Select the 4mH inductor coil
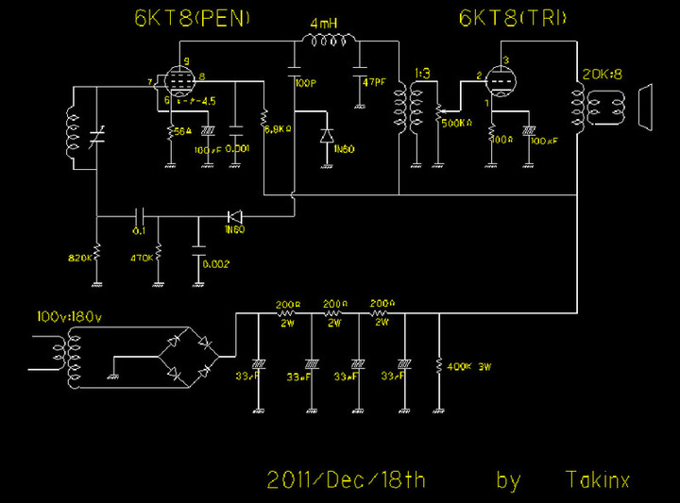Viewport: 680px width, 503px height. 328,40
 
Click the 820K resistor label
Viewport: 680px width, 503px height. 82,256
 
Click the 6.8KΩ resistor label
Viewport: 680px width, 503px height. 280,128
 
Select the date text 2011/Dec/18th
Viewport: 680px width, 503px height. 346,479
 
